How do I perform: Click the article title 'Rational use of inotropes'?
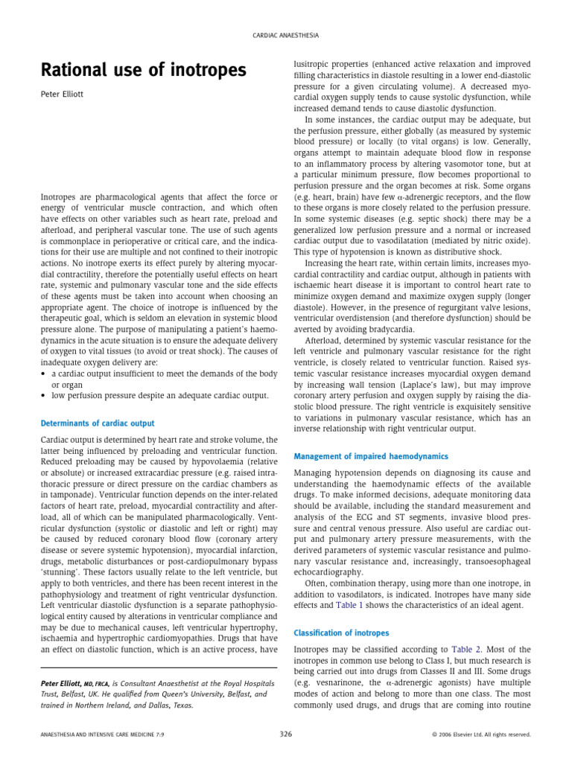(x=142, y=71)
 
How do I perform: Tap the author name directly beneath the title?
(x=66, y=95)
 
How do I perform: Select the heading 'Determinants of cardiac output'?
(x=98, y=423)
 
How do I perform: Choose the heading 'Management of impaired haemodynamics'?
(x=371, y=456)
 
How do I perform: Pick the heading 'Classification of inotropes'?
(x=341, y=633)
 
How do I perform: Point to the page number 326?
(x=286, y=734)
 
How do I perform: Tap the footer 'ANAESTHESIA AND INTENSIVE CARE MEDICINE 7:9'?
(x=93, y=734)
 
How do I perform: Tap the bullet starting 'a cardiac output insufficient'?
(x=155, y=372)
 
